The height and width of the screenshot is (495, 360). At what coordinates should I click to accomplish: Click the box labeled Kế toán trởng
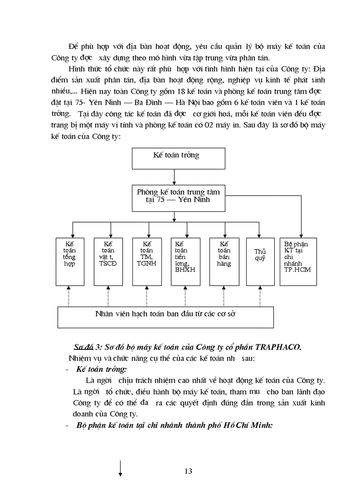coord(176,156)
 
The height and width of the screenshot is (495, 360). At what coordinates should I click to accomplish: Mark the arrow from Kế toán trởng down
coord(176,176)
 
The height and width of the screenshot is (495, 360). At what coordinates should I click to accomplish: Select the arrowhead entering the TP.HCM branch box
coord(301,234)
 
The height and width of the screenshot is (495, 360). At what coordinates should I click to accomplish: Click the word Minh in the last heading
coord(260,426)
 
